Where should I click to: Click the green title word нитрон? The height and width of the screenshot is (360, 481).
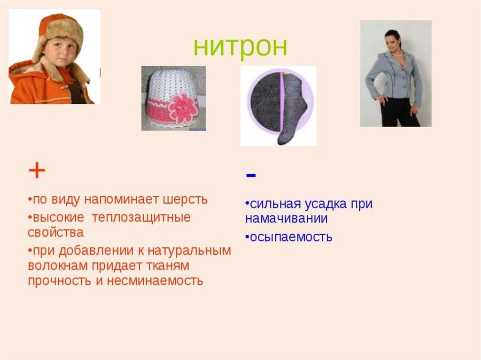coord(240,47)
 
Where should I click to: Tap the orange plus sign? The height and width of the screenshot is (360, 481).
coord(37,172)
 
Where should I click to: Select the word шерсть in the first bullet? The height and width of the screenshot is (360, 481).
coord(185,199)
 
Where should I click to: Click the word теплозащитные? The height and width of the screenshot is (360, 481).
coord(141,218)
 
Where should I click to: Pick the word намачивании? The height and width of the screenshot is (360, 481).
coord(286,219)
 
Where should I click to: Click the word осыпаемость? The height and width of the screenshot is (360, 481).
coord(291,237)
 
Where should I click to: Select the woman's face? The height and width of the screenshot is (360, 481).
coord(393,42)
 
